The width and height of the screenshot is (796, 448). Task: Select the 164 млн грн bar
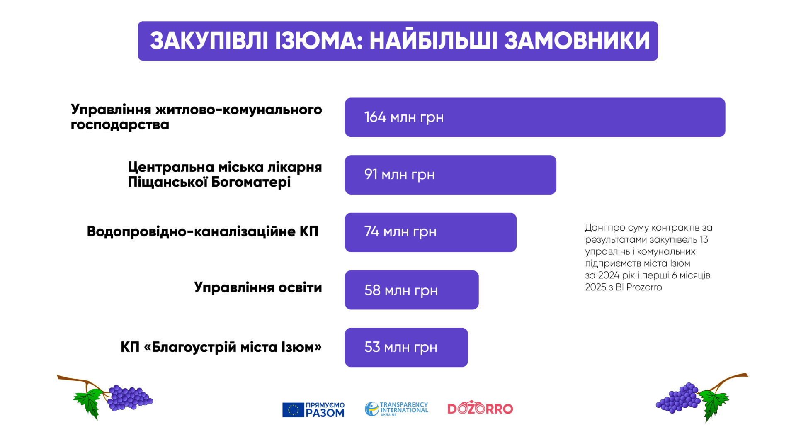tap(535, 117)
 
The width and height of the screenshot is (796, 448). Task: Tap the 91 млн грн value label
tap(399, 175)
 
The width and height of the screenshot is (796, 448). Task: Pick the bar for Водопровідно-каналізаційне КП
tap(430, 232)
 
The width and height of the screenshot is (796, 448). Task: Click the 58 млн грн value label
tap(401, 290)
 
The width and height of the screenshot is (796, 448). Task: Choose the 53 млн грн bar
tap(406, 347)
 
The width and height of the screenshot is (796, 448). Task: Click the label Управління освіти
tap(258, 287)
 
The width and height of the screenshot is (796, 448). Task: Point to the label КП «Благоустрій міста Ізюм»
tap(221, 347)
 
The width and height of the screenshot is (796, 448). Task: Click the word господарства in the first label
tap(120, 125)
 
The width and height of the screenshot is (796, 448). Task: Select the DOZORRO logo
tap(480, 408)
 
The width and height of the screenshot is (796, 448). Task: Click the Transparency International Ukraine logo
tap(396, 409)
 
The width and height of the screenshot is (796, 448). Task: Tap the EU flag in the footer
tap(293, 410)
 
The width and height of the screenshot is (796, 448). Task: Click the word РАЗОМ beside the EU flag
tap(325, 413)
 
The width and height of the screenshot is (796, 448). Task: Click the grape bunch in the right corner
tap(678, 398)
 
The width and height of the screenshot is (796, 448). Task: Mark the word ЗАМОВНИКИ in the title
tap(577, 41)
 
